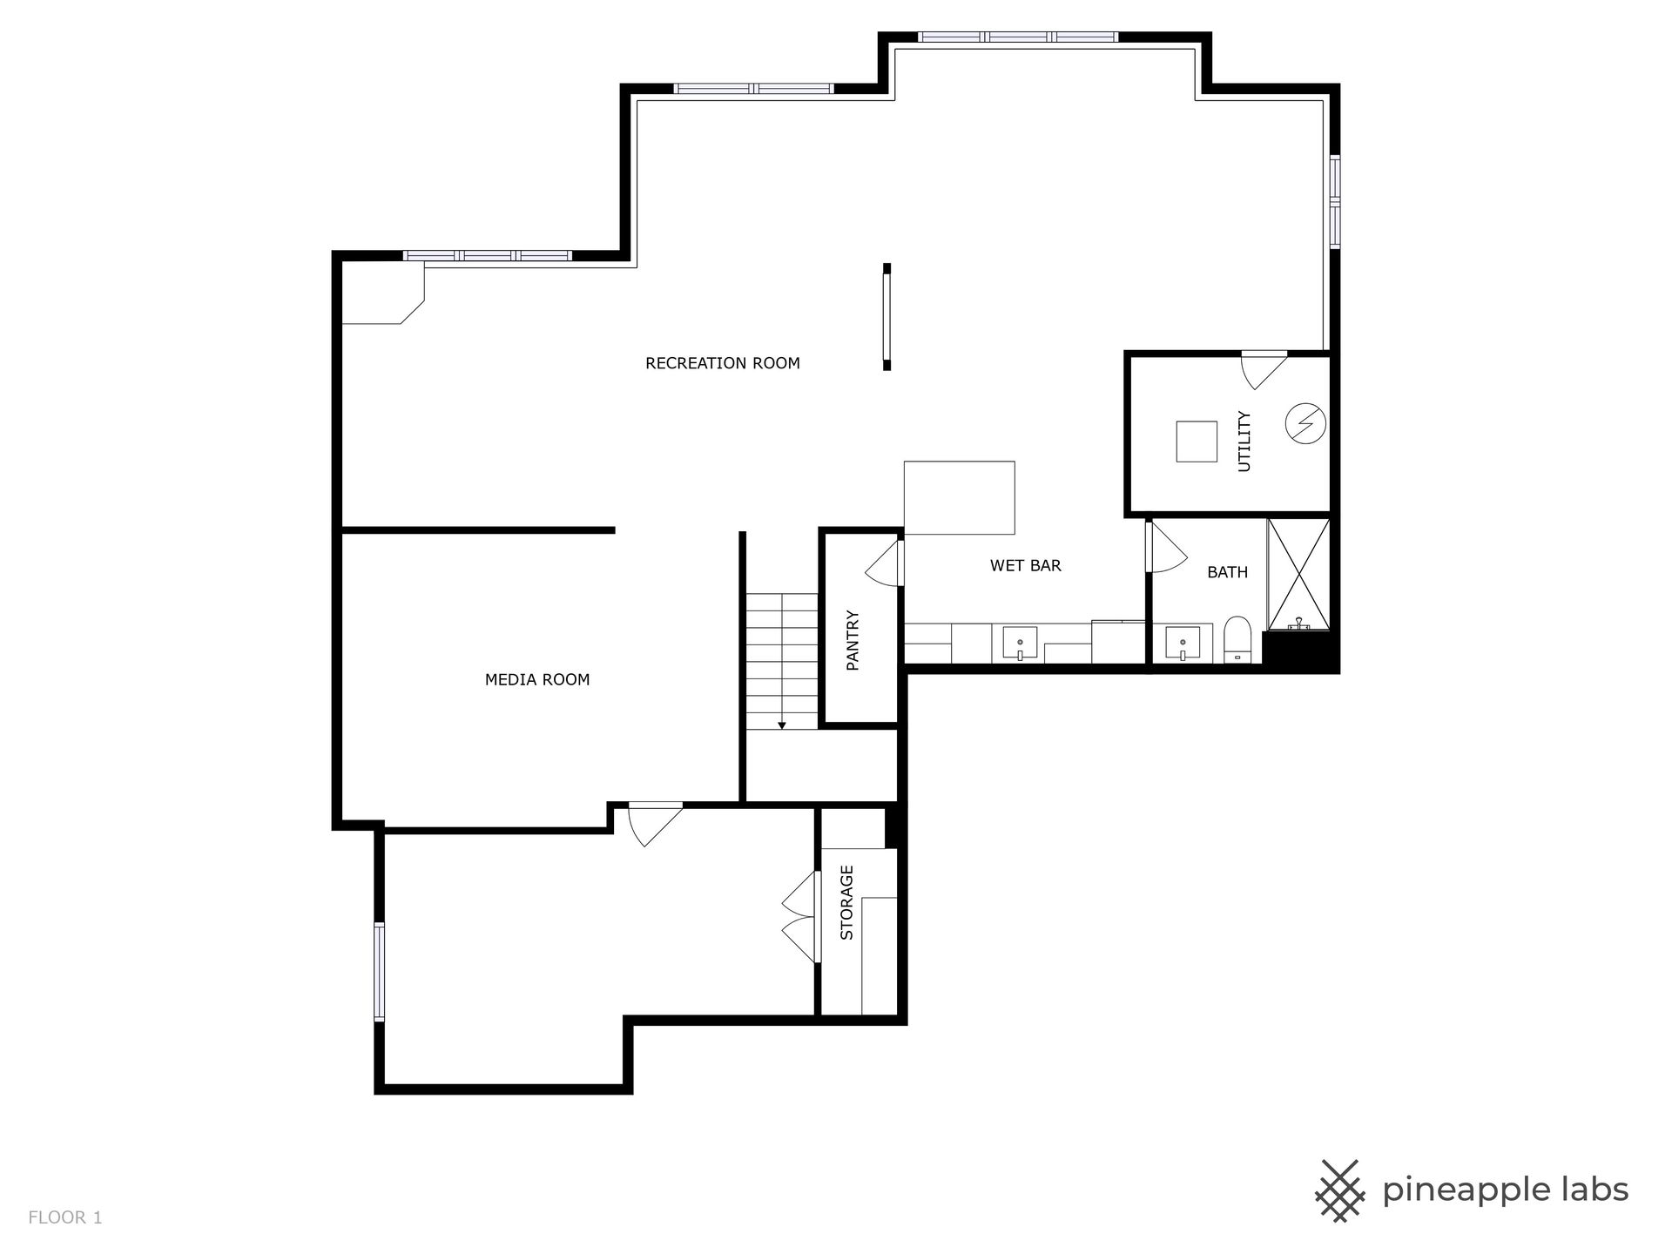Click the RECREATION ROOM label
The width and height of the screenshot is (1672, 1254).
pyautogui.click(x=722, y=363)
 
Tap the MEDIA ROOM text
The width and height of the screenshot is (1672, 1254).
pyautogui.click(x=537, y=679)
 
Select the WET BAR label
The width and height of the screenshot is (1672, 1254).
pyautogui.click(x=1026, y=565)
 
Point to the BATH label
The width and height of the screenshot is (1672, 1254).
pyautogui.click(x=1227, y=572)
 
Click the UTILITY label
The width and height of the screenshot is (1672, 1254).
pyautogui.click(x=1244, y=442)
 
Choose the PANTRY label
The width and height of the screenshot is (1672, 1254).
pyautogui.click(x=853, y=640)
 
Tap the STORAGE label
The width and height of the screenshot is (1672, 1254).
pyautogui.click(x=846, y=902)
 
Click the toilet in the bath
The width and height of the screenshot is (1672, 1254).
pyautogui.click(x=1237, y=640)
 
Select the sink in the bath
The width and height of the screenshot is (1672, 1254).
pyautogui.click(x=1183, y=644)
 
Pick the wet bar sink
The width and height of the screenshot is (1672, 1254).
pyautogui.click(x=1020, y=644)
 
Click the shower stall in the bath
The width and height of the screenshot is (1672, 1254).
pyautogui.click(x=1298, y=574)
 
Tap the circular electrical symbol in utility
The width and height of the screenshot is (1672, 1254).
pyautogui.click(x=1305, y=424)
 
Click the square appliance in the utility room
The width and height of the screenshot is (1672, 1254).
pyautogui.click(x=1197, y=442)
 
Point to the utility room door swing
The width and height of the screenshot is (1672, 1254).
pyautogui.click(x=1262, y=370)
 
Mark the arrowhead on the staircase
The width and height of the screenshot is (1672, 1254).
pyautogui.click(x=782, y=725)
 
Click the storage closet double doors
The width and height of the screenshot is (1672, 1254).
pyautogui.click(x=800, y=916)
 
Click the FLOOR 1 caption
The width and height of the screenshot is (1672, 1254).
pyautogui.click(x=65, y=1217)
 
